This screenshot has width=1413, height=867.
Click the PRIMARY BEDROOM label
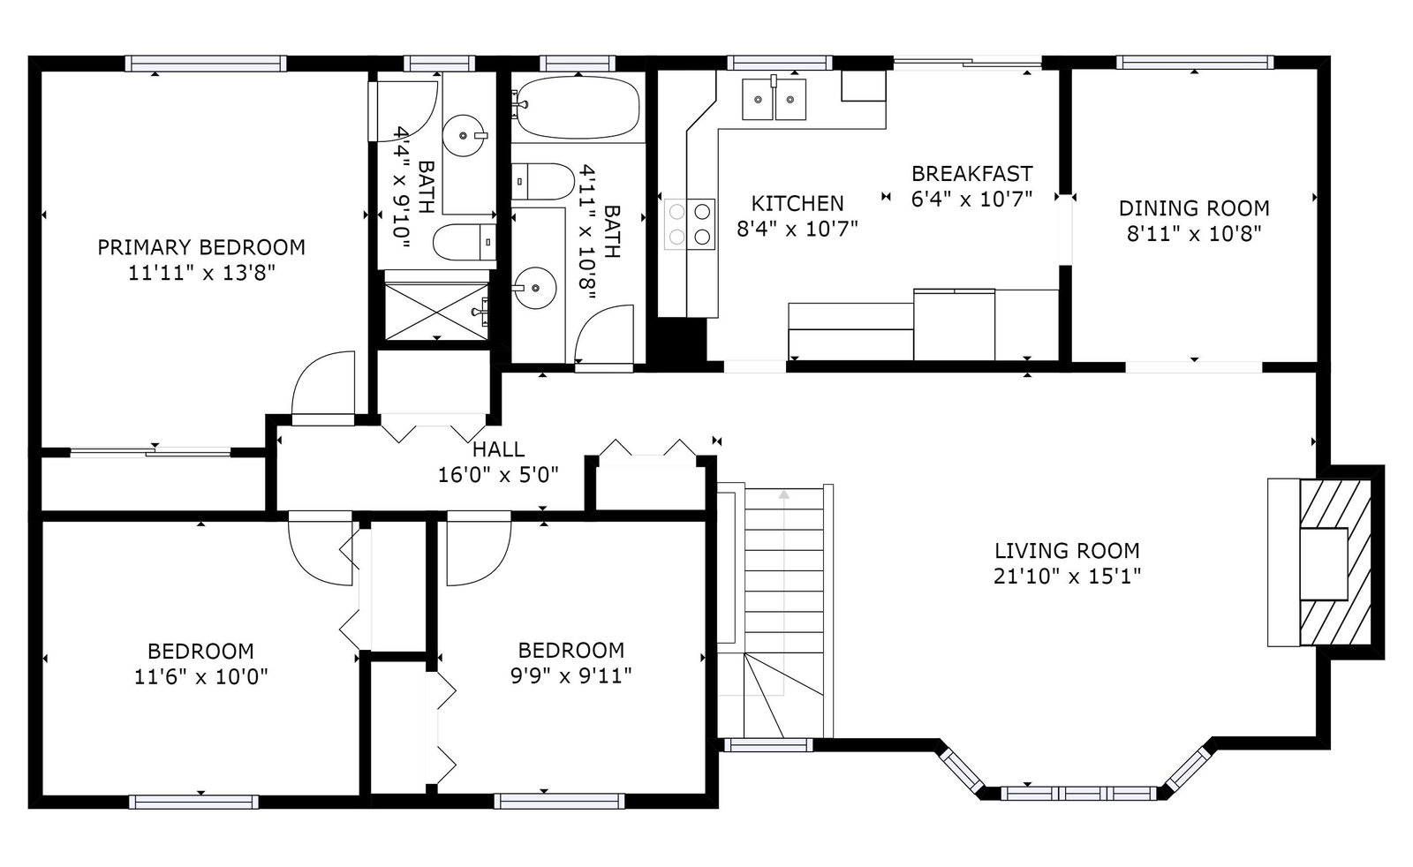[x=201, y=247]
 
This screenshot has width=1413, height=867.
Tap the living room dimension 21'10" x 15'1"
[x=1068, y=577]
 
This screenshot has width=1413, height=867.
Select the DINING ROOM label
[x=1194, y=208]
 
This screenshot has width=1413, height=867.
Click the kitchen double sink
[x=774, y=99]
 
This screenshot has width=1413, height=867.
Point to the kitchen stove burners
[x=690, y=224]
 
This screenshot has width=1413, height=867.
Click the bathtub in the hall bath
[x=578, y=107]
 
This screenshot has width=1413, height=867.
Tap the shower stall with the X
[x=436, y=312]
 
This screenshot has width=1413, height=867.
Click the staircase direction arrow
[x=783, y=592]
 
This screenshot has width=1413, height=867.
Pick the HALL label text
[x=498, y=449]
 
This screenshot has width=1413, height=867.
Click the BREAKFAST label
[x=972, y=173]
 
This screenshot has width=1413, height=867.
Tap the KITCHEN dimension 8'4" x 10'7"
[x=797, y=229]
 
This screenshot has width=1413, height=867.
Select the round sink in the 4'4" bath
[x=465, y=135]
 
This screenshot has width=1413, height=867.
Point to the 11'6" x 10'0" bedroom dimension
[x=201, y=677]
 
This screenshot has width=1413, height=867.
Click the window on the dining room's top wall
[x=1195, y=63]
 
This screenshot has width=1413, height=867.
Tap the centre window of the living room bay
[x=1079, y=793]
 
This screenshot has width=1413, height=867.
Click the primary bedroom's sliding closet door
[x=151, y=451]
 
